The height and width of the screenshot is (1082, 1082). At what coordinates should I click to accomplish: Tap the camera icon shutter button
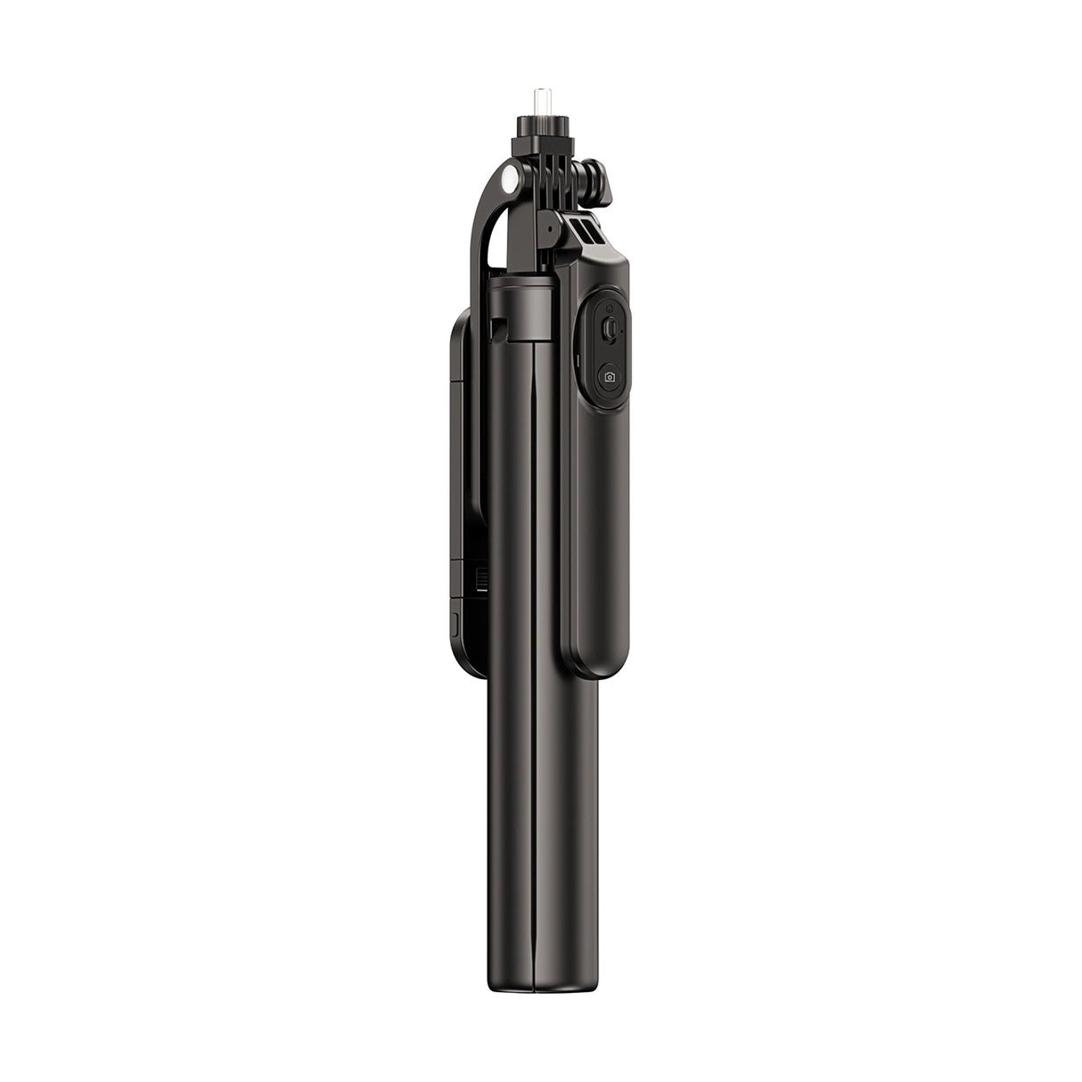point(610,377)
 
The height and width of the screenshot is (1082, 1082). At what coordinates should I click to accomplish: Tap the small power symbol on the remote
point(609,329)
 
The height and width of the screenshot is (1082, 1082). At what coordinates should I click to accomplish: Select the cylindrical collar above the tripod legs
point(526,307)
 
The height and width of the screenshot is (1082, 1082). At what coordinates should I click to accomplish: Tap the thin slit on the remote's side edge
point(578,365)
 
